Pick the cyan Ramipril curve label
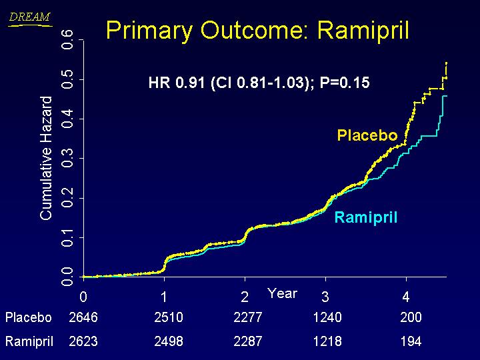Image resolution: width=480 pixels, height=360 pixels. (x=365, y=217)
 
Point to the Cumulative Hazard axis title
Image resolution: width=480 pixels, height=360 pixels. (x=46, y=157)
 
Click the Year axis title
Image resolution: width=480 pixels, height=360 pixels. (x=282, y=293)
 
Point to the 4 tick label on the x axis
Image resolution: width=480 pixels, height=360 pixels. (x=405, y=296)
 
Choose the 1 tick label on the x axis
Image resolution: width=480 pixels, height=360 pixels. (x=164, y=296)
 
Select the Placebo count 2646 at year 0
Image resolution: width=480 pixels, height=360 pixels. (x=83, y=318)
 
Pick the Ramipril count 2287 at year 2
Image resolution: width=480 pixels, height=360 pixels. (x=248, y=341)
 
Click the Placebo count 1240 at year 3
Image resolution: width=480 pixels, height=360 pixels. (x=327, y=318)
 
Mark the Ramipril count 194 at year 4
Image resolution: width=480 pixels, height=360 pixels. (x=411, y=341)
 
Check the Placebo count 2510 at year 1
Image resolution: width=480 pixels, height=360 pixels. (x=168, y=318)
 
